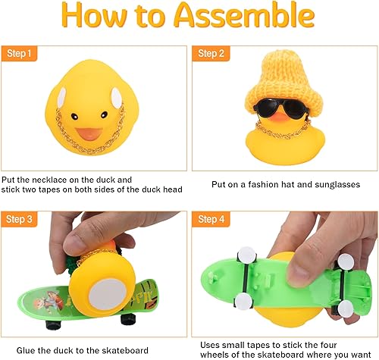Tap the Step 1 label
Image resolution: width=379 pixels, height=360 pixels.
(19, 55)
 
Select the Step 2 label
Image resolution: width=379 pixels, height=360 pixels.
(210, 55)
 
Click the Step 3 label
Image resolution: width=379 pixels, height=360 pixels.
(19, 220)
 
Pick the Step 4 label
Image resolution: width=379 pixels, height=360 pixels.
(210, 220)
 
